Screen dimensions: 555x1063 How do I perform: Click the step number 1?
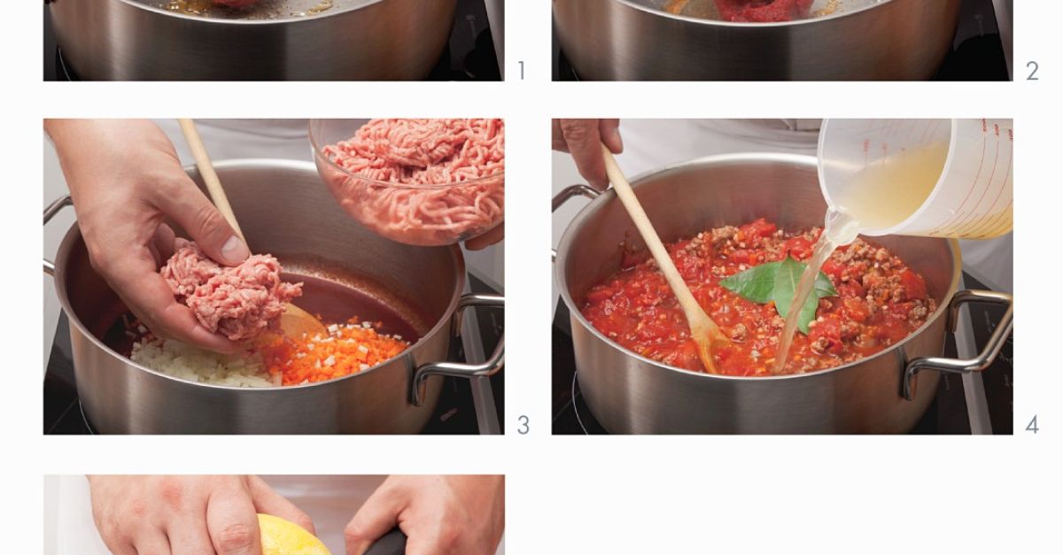(521, 71)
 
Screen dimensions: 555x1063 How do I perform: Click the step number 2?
(1032, 71)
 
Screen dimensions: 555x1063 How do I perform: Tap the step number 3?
(523, 425)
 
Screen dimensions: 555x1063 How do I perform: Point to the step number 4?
(1032, 425)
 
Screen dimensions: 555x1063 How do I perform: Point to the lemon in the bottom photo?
(288, 537)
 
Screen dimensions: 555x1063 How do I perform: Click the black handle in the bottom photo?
(385, 542)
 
